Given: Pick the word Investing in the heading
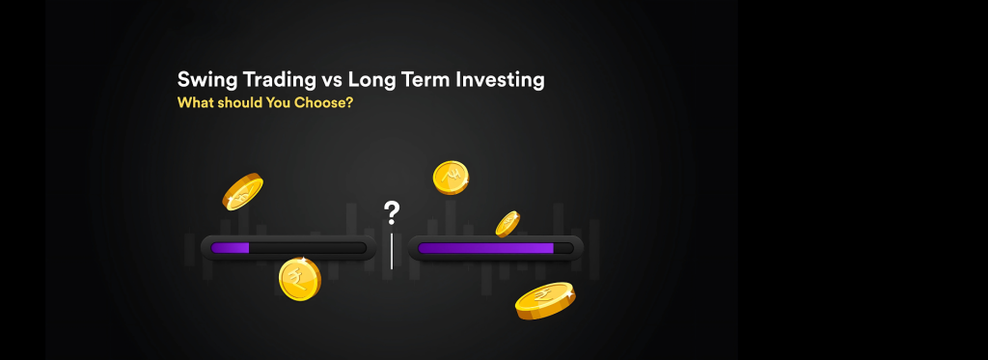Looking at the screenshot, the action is click(x=501, y=81).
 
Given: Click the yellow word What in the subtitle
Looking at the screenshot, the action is click(x=195, y=102).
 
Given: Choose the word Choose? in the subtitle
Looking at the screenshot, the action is click(x=323, y=102).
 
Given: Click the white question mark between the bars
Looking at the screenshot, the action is click(x=392, y=213).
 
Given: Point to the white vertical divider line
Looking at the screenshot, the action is click(x=392, y=250).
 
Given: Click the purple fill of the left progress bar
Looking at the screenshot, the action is click(x=230, y=248).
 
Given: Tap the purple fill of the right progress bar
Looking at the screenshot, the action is click(x=486, y=248).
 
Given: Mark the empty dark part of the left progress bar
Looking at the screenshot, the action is click(x=308, y=248).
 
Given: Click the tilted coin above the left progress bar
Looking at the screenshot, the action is click(x=242, y=192).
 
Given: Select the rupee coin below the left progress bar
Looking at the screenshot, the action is click(x=300, y=279).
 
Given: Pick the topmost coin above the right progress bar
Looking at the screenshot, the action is click(x=451, y=178).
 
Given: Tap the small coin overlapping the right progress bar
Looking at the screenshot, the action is click(x=508, y=224).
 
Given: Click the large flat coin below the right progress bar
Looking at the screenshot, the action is click(x=545, y=301).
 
